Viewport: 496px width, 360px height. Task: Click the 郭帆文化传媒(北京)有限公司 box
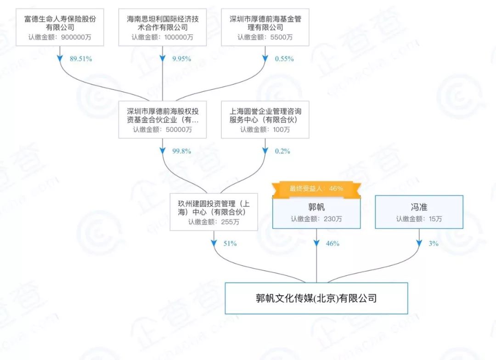coord(316,298)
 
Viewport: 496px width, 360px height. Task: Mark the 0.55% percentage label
coord(284,59)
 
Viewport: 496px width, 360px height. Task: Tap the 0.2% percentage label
coord(282,151)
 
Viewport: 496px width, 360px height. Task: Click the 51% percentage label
coord(230,243)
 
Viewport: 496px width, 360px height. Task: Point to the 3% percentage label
coord(434,243)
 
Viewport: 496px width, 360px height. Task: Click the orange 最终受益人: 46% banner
coord(316,188)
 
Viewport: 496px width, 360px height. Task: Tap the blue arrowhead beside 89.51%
coord(60,59)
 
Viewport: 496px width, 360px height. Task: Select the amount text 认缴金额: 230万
coord(316,219)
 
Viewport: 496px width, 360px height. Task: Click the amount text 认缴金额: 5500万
coord(265,37)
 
